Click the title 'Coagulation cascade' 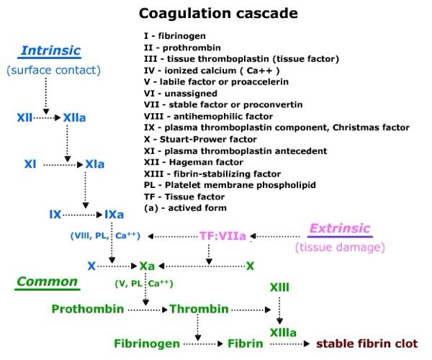click(x=216, y=13)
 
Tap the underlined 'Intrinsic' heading click(x=51, y=50)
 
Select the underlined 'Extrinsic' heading click(x=339, y=229)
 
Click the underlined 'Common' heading click(x=48, y=281)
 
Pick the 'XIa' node click(x=94, y=165)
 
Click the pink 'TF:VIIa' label click(x=222, y=235)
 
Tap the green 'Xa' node click(x=147, y=266)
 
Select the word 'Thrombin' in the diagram click(x=199, y=310)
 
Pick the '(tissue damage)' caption click(x=339, y=248)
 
